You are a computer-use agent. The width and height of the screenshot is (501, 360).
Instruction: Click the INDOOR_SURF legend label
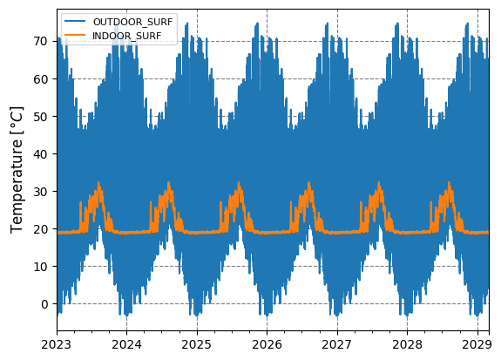(x=125, y=35)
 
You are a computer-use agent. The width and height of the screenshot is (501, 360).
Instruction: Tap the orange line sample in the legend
(x=75, y=35)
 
